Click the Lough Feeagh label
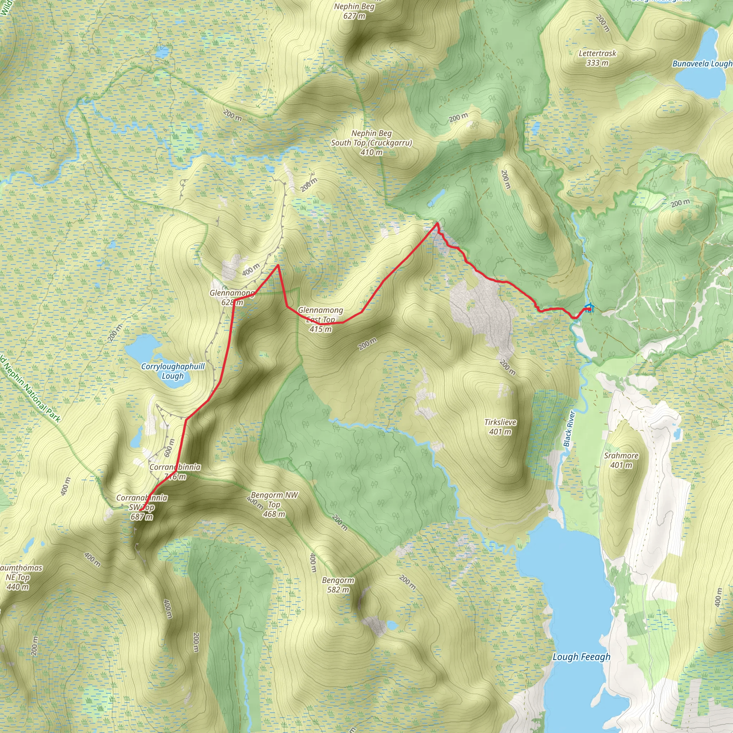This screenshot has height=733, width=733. pyautogui.click(x=581, y=657)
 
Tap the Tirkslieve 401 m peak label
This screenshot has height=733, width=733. pyautogui.click(x=500, y=427)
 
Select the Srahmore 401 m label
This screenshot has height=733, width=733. pyautogui.click(x=621, y=460)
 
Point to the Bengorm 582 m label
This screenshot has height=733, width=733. pyautogui.click(x=338, y=585)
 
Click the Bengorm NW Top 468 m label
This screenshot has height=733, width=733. pyautogui.click(x=274, y=505)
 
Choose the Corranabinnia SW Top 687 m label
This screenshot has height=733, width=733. pyautogui.click(x=141, y=507)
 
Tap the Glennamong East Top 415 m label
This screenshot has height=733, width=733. pyautogui.click(x=321, y=320)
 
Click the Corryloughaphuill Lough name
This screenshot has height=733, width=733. pyautogui.click(x=173, y=371)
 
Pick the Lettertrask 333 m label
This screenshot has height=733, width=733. pyautogui.click(x=597, y=58)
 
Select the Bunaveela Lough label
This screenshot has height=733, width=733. pyautogui.click(x=702, y=64)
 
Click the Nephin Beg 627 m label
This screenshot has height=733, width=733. pyautogui.click(x=354, y=11)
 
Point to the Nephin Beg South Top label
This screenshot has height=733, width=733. pyautogui.click(x=371, y=143)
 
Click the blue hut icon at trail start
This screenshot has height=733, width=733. pyautogui.click(x=588, y=308)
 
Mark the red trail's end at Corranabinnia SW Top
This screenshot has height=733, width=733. pyautogui.click(x=140, y=510)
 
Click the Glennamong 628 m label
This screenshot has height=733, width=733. pyautogui.click(x=232, y=297)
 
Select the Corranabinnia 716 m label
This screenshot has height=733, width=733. pyautogui.click(x=175, y=472)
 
